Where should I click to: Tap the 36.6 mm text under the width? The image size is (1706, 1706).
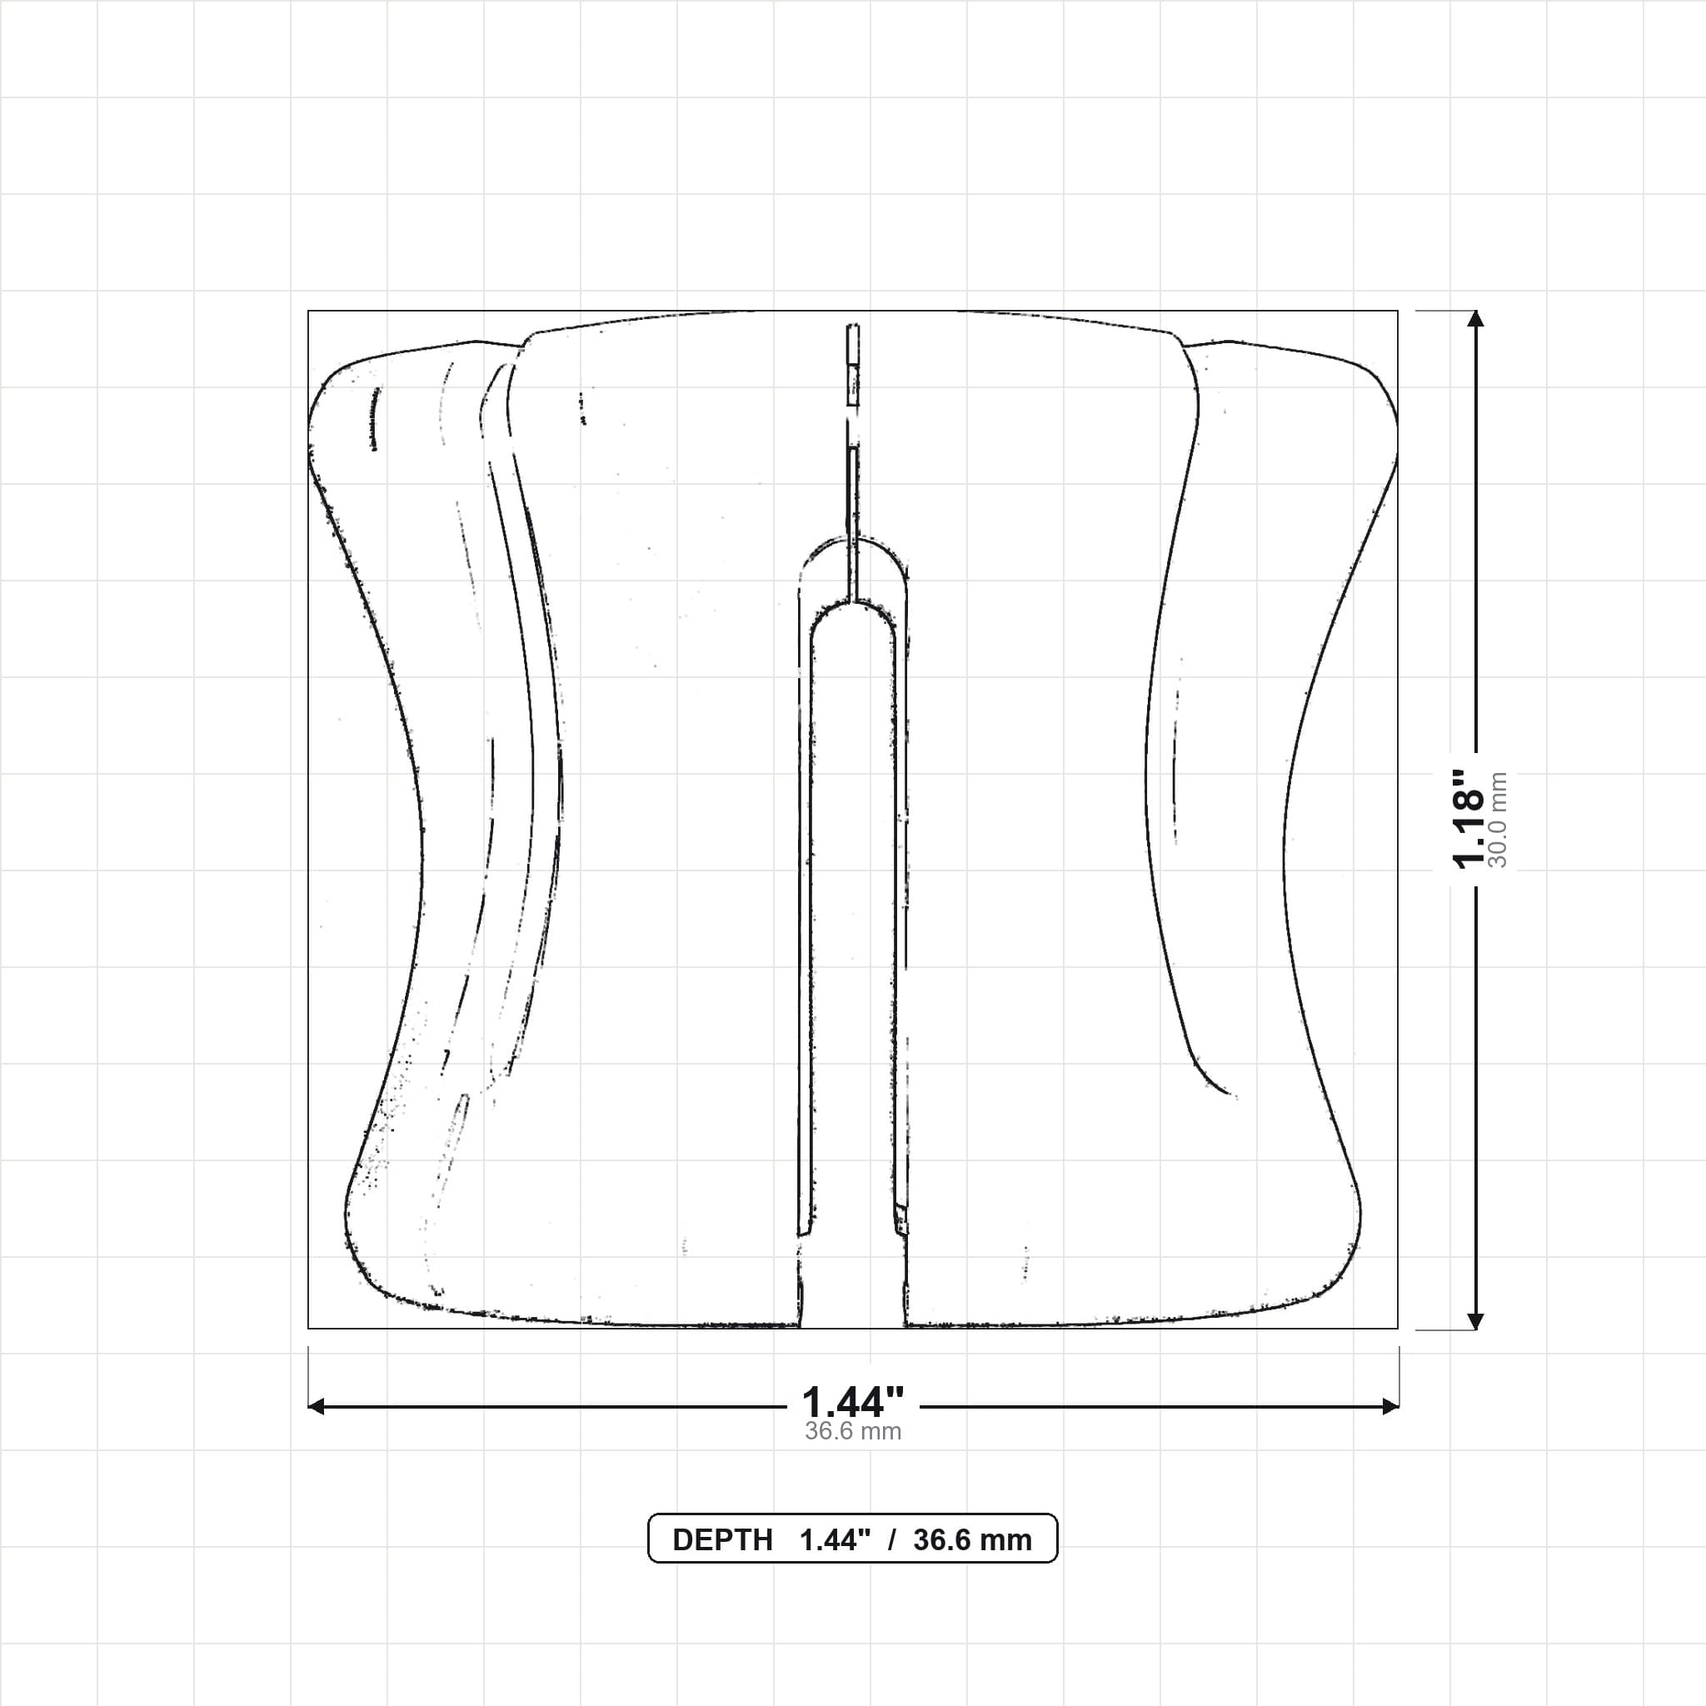point(853,1431)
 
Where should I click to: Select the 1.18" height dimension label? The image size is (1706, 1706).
point(1469,819)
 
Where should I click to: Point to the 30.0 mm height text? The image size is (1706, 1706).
point(1498,820)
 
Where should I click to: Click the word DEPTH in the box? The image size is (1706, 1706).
point(722,1540)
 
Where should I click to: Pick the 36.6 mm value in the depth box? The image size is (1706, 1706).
point(972,1540)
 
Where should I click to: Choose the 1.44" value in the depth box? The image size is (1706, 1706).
point(836,1540)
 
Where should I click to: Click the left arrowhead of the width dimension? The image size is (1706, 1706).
point(316,1406)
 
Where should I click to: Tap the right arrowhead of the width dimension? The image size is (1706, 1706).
point(1390,1406)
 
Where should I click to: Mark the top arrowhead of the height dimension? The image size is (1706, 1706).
point(1475,319)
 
